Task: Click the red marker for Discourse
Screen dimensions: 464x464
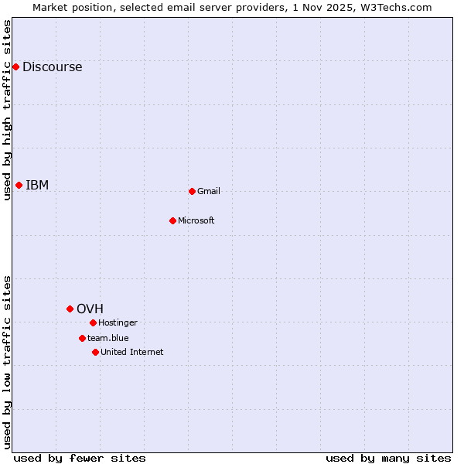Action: [15, 67]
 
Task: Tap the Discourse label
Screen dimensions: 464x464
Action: [52, 67]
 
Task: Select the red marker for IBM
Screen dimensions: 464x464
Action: [19, 185]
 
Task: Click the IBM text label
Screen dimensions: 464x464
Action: [37, 185]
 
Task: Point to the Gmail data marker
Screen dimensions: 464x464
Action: [192, 191]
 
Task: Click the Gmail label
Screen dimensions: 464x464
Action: [209, 191]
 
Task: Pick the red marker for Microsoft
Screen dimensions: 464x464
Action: [172, 220]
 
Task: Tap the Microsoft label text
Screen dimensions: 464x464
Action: [196, 220]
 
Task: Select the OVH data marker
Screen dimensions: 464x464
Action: [70, 309]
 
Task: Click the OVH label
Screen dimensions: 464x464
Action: [90, 309]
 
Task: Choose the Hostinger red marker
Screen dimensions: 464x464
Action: [93, 322]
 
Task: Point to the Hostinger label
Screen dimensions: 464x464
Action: [118, 322]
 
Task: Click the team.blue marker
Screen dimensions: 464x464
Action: [82, 338]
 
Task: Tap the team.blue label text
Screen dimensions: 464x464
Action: [107, 338]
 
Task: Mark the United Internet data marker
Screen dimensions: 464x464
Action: [95, 352]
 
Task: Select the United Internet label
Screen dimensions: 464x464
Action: [131, 352]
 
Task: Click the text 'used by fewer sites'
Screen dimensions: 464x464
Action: [80, 458]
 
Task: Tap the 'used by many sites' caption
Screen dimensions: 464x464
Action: [388, 458]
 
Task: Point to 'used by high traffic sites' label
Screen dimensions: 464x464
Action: [7, 110]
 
